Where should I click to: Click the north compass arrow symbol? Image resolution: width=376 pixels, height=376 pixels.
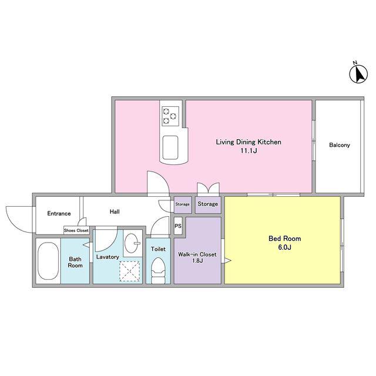[x=358, y=74]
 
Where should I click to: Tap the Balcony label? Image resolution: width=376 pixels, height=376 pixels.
[x=340, y=145]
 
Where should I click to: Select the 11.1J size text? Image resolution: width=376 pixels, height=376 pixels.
[x=249, y=151]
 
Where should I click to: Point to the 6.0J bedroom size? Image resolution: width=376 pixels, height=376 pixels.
[x=284, y=247]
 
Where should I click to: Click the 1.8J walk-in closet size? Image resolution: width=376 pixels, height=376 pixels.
[x=197, y=261]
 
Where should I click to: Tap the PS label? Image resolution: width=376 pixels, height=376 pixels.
[x=178, y=226]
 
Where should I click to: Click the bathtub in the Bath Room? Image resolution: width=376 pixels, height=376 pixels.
[x=48, y=261]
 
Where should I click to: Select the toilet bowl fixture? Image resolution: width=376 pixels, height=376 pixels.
[x=158, y=270]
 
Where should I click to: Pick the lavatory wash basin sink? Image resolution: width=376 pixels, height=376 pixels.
[x=132, y=243]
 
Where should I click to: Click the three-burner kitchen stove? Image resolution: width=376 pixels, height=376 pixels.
[x=170, y=116]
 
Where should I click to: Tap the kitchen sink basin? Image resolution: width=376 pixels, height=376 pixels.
[x=170, y=147]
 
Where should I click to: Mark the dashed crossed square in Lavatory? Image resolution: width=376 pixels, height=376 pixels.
[x=129, y=271]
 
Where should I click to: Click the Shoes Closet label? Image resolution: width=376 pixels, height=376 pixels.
[x=76, y=230]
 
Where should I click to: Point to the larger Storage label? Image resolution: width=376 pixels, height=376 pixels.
[x=207, y=204]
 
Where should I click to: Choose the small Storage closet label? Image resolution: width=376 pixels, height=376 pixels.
[x=182, y=204]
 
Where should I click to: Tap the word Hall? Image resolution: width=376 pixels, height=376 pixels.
[x=115, y=211]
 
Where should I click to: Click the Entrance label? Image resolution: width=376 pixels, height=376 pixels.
[x=59, y=213]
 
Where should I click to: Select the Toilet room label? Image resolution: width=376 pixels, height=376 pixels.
[x=158, y=249]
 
